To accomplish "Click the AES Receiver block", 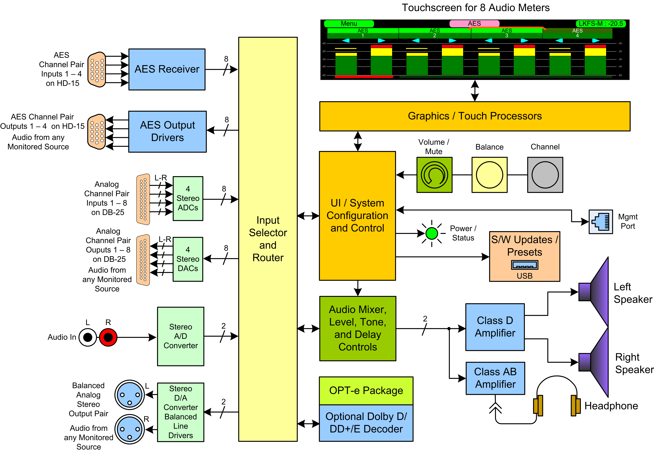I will pyautogui.click(x=167, y=69).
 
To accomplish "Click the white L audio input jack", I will pyautogui.click(x=88, y=337).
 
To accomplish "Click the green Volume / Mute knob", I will pyautogui.click(x=434, y=175).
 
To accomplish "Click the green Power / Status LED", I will pyautogui.click(x=431, y=234).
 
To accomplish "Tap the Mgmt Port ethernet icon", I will pyautogui.click(x=600, y=222).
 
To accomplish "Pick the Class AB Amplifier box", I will pyautogui.click(x=495, y=378).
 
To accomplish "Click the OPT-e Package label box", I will pyautogui.click(x=366, y=391).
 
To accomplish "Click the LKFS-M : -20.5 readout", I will pyautogui.click(x=600, y=24).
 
